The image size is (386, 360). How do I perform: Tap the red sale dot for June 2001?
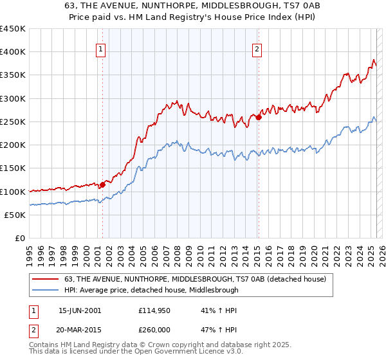point(102,184)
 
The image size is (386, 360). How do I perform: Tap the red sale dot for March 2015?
point(258,117)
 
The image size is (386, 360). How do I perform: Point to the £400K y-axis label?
point(13,52)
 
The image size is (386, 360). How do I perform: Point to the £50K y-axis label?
point(15,215)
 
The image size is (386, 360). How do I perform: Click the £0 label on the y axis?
point(21,239)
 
